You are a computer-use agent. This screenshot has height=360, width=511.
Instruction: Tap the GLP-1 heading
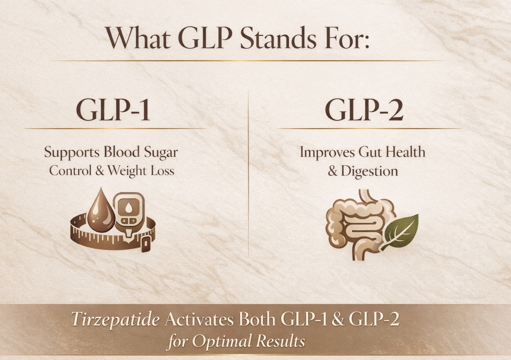113,109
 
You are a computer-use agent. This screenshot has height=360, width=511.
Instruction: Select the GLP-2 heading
365,109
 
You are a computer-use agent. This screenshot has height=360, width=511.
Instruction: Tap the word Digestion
369,171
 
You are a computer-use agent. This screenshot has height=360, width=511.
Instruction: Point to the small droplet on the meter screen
129,207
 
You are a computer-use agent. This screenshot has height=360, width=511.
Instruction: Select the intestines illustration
362,225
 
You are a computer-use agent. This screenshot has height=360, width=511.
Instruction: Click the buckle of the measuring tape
146,244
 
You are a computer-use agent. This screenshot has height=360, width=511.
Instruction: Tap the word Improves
327,153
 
